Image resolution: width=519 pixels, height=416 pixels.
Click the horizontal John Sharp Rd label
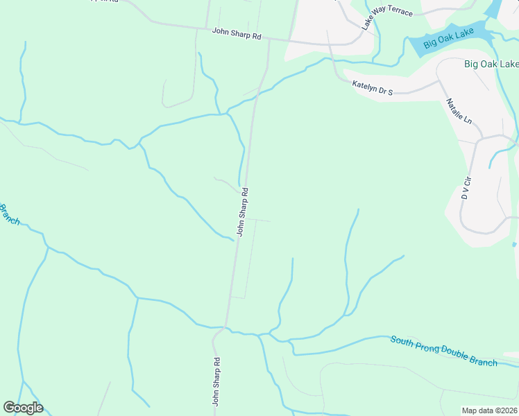pyautogui.click(x=237, y=32)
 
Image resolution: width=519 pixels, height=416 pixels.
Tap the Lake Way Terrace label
pyautogui.click(x=386, y=19)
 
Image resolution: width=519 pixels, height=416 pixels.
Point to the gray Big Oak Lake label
pyautogui.click(x=491, y=64)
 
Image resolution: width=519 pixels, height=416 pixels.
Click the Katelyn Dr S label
pyautogui.click(x=373, y=87)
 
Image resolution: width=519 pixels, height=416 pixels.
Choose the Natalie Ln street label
pyautogui.click(x=459, y=112)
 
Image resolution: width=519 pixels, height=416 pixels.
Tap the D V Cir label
pyautogui.click(x=466, y=187)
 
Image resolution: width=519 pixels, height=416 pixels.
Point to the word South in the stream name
pyautogui.click(x=402, y=341)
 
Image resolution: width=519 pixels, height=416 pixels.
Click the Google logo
pyautogui.click(x=23, y=408)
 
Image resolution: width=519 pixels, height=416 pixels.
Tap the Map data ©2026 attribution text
pyautogui.click(x=489, y=410)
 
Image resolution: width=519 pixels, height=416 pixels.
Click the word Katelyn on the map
pyautogui.click(x=365, y=86)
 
